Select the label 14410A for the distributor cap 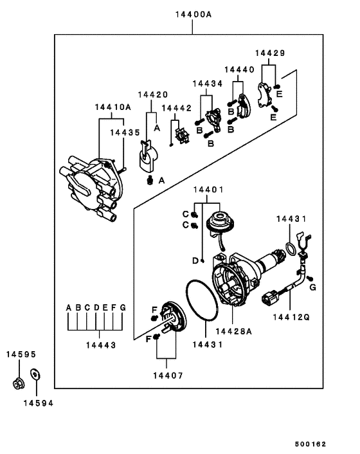pos(113,107)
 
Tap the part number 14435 pos(125,132)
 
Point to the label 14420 pos(154,95)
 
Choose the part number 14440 pos(239,69)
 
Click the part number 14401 pos(208,190)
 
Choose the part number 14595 pos(21,354)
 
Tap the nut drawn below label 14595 pos(19,385)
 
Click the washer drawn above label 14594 pos(35,372)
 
